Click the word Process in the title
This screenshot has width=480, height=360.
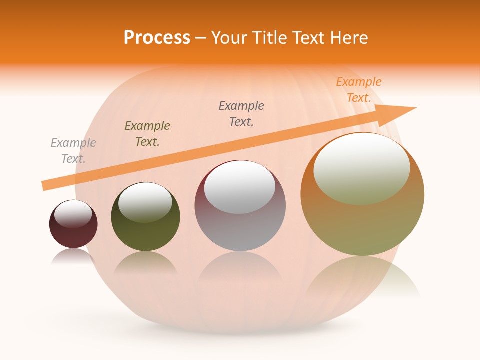[157, 38]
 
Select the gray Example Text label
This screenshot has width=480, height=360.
[73, 151]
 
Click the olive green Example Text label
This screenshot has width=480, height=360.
[147, 134]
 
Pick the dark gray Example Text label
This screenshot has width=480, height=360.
[241, 114]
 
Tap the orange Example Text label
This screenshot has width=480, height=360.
[359, 90]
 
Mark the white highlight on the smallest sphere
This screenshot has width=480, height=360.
[73, 214]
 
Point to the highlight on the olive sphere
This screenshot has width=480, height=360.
[145, 202]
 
